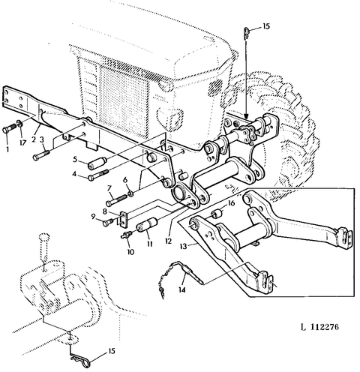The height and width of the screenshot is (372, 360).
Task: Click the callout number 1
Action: coord(7,150)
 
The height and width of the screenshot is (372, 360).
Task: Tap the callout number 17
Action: coord(22,143)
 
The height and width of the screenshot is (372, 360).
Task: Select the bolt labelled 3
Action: coord(41,154)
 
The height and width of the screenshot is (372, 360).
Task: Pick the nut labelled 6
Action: coord(130,193)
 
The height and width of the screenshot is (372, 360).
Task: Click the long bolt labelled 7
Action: coord(117,200)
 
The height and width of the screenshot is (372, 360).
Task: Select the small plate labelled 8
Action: coord(123,220)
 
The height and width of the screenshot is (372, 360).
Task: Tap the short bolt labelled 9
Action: coord(108,222)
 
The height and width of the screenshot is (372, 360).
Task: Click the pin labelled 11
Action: coord(147,225)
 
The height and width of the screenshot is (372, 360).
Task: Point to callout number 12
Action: coord(168,241)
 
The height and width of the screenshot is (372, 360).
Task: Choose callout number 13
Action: coord(183,246)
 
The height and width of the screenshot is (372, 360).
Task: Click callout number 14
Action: coord(182,289)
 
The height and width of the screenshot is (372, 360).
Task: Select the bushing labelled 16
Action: coord(217,214)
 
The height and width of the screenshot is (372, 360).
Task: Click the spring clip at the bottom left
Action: coord(81,361)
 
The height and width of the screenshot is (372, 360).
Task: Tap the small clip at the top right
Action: coord(246,33)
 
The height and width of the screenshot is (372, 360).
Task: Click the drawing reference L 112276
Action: coord(319,327)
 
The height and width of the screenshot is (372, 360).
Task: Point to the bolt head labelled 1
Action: coord(6,130)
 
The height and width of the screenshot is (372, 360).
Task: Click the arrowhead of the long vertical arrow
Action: coord(247,115)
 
